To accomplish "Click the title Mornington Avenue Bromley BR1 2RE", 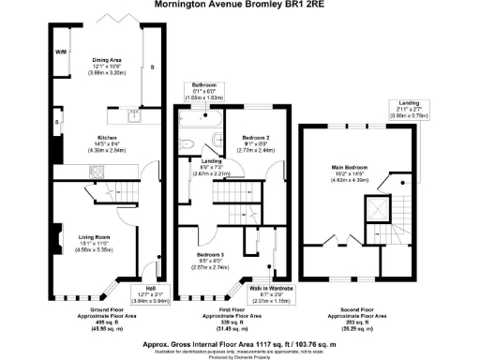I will (x=241, y=7).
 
